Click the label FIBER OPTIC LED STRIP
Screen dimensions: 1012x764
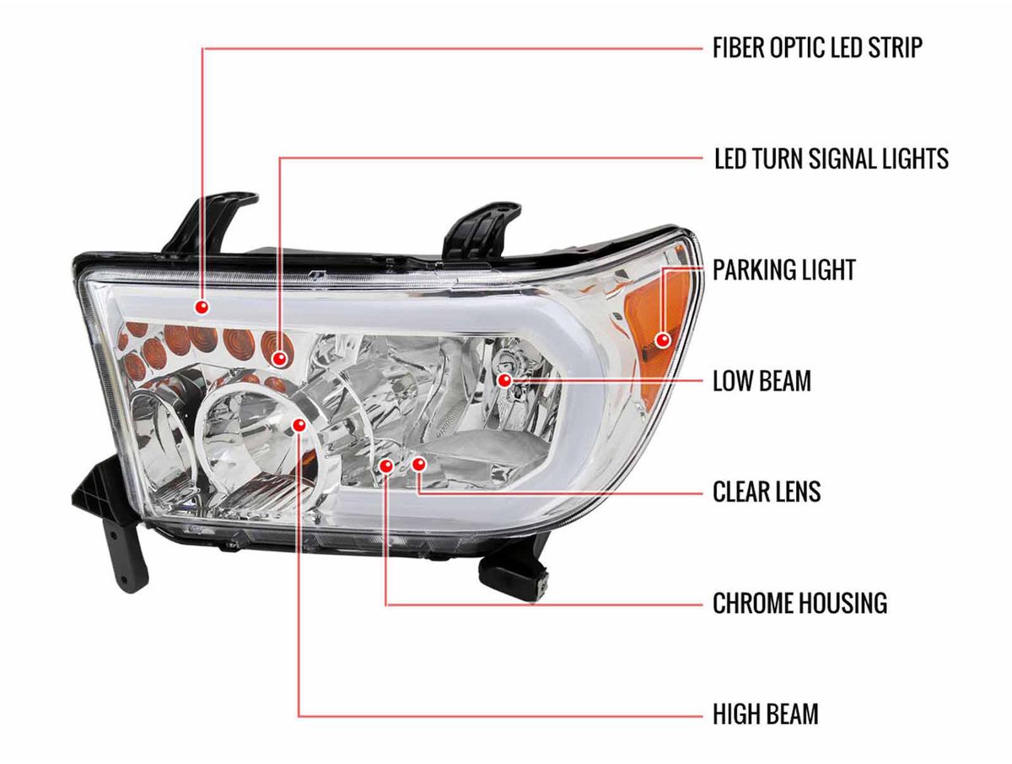817,47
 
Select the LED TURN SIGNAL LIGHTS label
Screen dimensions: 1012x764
831,159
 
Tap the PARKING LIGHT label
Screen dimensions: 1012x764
783,270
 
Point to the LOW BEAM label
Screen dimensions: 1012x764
762,380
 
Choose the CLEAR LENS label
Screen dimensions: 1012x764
767,492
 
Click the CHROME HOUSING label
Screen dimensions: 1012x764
800,603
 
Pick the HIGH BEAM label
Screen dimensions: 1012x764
766,713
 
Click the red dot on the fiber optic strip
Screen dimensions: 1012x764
202,307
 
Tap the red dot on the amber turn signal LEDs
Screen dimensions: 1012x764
280,358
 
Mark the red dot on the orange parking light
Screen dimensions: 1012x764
664,340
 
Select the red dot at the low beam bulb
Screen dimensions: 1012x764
505,380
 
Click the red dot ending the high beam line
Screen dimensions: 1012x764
299,425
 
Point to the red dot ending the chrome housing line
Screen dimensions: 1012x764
385,465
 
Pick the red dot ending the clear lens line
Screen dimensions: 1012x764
418,465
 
